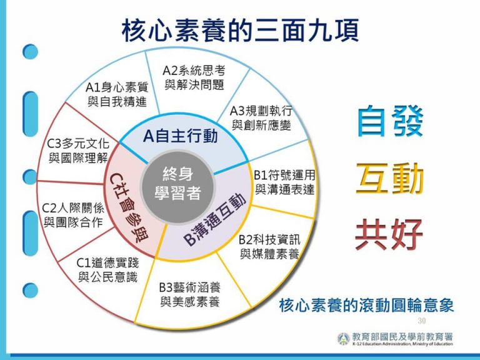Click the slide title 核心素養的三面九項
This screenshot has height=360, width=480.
(x=240, y=30)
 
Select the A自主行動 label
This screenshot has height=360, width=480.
(x=180, y=136)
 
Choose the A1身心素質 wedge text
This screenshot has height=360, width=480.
(x=117, y=94)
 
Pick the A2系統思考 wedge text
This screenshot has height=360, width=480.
(x=194, y=77)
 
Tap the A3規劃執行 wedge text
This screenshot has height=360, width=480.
(x=261, y=118)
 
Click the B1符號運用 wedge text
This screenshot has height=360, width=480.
(x=284, y=182)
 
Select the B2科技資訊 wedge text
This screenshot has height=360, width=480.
(x=269, y=247)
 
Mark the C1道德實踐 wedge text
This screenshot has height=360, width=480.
(x=107, y=270)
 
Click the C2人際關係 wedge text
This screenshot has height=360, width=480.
(x=73, y=215)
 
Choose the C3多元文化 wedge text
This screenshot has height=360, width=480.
(x=78, y=151)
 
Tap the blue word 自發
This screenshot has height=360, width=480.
(x=390, y=121)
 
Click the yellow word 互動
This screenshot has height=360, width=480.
(x=390, y=179)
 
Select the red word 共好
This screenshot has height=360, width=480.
(x=389, y=234)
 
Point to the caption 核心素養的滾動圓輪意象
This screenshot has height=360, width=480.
(x=366, y=305)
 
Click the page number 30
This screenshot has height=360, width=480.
(x=421, y=321)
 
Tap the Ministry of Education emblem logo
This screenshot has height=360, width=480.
(x=344, y=339)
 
